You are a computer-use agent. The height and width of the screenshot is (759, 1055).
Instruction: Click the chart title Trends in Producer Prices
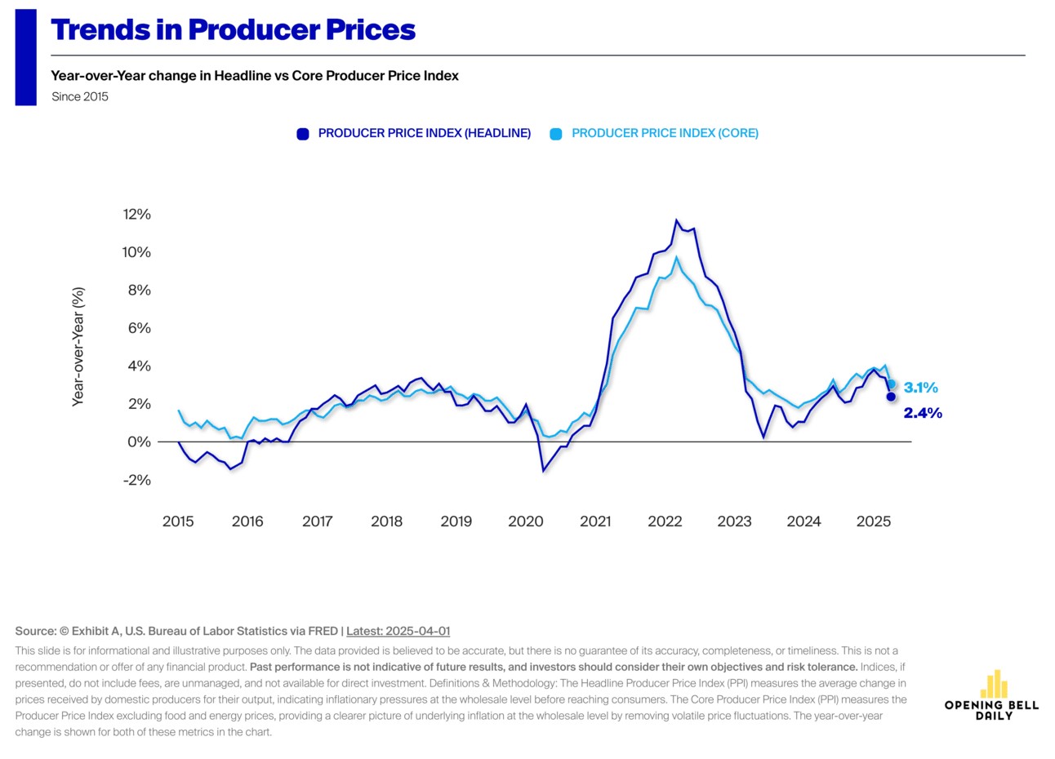click(x=233, y=30)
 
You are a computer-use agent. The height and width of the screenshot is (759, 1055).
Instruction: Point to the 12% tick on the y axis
click(x=136, y=215)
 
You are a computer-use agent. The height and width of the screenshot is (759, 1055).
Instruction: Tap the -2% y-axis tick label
click(x=136, y=480)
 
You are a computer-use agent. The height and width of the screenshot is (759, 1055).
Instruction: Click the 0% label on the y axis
click(x=139, y=442)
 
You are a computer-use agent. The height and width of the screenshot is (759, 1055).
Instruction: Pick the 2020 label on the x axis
click(x=525, y=522)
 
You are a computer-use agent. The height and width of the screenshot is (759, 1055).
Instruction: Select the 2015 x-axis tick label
click(x=178, y=522)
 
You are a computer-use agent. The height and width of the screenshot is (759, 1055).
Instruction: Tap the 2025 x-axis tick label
click(x=873, y=522)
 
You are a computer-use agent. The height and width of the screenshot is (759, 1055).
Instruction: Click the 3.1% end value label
click(x=920, y=388)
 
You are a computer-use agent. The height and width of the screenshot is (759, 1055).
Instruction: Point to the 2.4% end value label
click(x=922, y=413)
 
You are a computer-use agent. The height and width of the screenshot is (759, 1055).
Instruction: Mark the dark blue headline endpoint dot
click(x=891, y=397)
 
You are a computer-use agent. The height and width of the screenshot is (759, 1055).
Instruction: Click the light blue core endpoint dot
click(x=891, y=384)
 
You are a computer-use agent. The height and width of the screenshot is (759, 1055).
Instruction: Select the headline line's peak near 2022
click(x=676, y=220)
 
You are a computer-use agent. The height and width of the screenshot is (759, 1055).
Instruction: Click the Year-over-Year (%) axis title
click(x=78, y=346)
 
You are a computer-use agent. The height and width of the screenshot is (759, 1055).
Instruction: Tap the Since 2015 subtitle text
click(x=79, y=96)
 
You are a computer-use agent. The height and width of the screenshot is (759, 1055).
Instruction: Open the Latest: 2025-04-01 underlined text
click(x=398, y=631)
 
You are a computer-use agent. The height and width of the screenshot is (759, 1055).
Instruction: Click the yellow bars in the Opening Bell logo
click(x=993, y=685)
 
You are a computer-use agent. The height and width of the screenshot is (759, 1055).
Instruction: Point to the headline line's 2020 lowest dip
click(x=543, y=471)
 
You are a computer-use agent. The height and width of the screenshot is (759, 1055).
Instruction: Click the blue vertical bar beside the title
click(x=25, y=57)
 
